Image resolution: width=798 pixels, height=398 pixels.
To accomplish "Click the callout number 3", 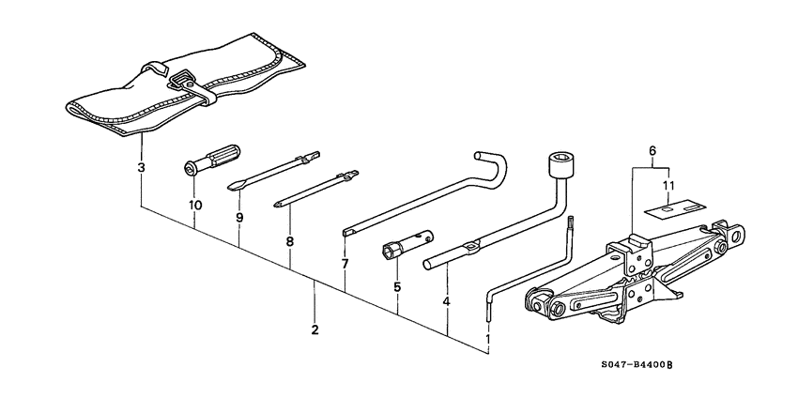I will [141, 168].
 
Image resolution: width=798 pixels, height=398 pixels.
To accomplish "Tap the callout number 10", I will [194, 205].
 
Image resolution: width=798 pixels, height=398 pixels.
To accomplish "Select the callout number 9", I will [239, 217].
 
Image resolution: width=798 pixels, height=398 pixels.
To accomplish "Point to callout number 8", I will [289, 241].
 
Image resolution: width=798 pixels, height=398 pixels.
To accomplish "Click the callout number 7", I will [345, 264].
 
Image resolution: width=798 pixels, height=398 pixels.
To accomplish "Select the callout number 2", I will [315, 329].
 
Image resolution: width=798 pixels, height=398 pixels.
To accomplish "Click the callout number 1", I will [487, 339].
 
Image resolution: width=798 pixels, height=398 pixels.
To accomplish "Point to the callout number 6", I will [651, 150].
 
